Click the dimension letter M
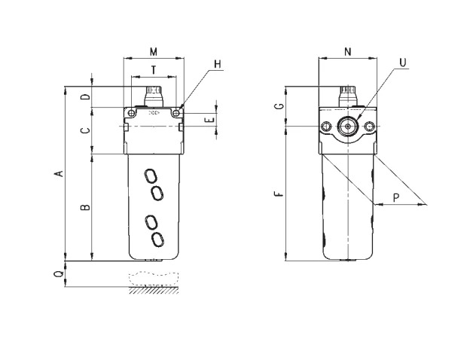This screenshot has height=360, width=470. click(x=154, y=52)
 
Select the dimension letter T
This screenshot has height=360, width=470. click(x=154, y=70)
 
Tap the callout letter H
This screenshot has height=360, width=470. click(x=218, y=64)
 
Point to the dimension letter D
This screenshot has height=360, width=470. click(x=86, y=96)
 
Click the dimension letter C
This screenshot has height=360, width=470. click(x=86, y=130)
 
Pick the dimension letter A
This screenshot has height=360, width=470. click(x=60, y=173)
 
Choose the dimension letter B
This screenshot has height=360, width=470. click(x=86, y=207)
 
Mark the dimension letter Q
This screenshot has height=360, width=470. click(x=60, y=273)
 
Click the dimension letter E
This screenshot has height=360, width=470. click(x=211, y=121)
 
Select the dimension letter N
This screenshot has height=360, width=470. click(x=348, y=52)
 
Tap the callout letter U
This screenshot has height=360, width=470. click(x=403, y=63)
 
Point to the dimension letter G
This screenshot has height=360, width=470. click(x=279, y=105)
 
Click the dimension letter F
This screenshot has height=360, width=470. click(x=279, y=194)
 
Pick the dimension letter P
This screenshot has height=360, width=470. click(x=396, y=198)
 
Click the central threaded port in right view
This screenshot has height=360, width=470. click(x=348, y=127)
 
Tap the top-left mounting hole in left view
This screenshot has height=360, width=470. click(x=131, y=113)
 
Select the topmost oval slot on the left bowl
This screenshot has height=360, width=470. click(x=151, y=176)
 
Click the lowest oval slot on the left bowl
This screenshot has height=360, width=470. click(x=157, y=239)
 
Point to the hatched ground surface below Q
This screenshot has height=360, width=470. click(x=154, y=290)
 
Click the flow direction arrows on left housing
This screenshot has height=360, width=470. click(x=154, y=113)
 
